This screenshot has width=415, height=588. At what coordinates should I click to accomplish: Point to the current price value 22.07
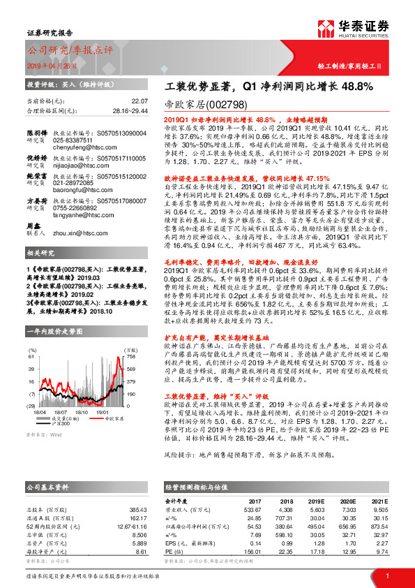(139, 101)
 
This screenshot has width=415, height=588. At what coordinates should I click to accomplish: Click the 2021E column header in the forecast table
(377, 501)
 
